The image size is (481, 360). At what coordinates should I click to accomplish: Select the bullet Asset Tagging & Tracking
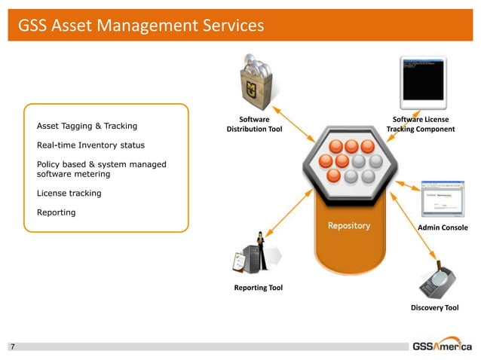click(x=87, y=126)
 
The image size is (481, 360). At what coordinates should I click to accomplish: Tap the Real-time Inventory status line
click(x=90, y=145)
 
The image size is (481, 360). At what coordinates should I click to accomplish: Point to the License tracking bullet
click(x=69, y=194)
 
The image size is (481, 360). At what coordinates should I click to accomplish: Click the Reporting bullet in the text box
click(x=56, y=212)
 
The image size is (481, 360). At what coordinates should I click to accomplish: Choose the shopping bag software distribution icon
click(x=255, y=83)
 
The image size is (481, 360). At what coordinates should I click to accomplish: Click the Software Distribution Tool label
click(x=254, y=124)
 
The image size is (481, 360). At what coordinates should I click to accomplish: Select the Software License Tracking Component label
click(x=421, y=124)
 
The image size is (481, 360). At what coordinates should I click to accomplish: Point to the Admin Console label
click(x=442, y=227)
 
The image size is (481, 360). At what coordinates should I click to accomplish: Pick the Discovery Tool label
click(x=434, y=308)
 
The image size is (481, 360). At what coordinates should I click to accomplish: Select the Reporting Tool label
click(x=258, y=288)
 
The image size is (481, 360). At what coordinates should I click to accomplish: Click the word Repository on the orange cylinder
click(x=348, y=226)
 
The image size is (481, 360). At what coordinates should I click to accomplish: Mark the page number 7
click(x=12, y=347)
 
